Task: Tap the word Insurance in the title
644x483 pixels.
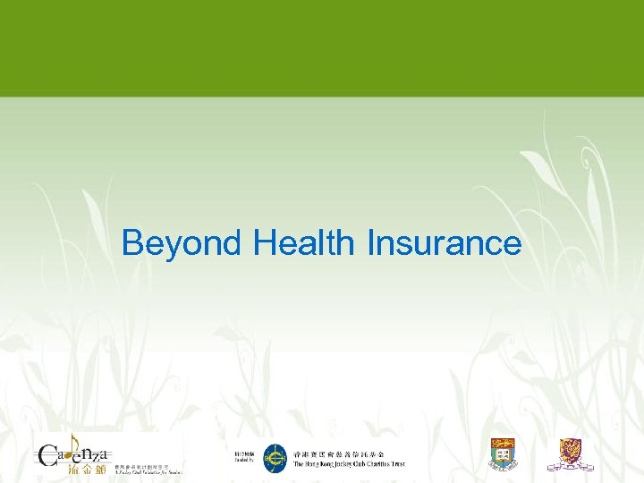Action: pyautogui.click(x=444, y=242)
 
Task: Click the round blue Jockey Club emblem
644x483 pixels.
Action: pyautogui.click(x=275, y=458)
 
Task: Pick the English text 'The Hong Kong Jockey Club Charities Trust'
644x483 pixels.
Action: pyautogui.click(x=349, y=464)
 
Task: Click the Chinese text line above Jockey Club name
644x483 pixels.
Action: pyautogui.click(x=349, y=453)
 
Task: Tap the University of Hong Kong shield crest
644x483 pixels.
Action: pyautogui.click(x=502, y=455)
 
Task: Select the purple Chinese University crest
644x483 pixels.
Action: pyautogui.click(x=570, y=453)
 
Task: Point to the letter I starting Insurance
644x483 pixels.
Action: pyautogui.click(x=370, y=242)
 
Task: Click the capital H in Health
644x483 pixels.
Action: pyautogui.click(x=264, y=242)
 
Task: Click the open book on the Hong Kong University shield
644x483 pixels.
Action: pyautogui.click(x=502, y=458)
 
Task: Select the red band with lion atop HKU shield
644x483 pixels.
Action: pyautogui.click(x=502, y=445)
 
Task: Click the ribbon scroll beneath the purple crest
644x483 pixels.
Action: pyautogui.click(x=570, y=467)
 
